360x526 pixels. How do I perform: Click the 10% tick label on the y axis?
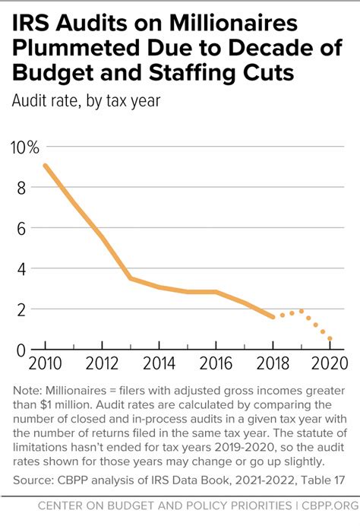(x=24, y=147)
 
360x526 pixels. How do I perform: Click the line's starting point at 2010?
(x=46, y=166)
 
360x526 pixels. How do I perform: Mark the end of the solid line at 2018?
(x=273, y=317)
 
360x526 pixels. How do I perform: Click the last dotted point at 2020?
(x=330, y=339)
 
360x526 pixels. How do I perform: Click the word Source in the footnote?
(x=33, y=481)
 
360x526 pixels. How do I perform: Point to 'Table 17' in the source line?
(x=322, y=481)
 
